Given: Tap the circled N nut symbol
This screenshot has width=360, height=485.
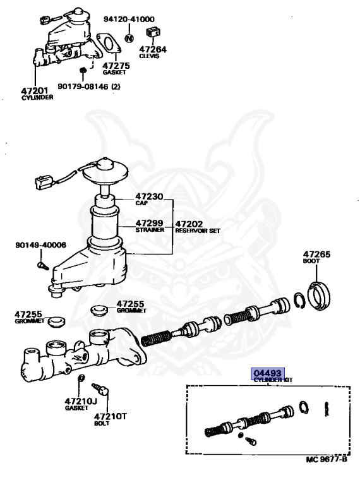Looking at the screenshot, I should coord(129,37).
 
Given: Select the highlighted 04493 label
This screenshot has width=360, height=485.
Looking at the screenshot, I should coord(268,373).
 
